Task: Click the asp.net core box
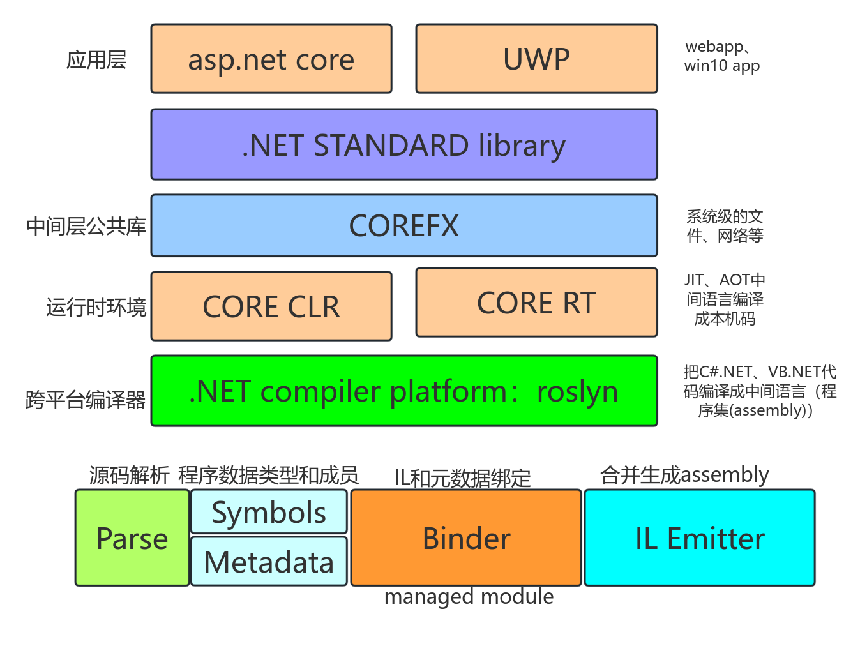click(x=271, y=59)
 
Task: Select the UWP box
click(x=536, y=59)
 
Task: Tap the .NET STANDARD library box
click(x=403, y=145)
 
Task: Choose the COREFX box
click(x=403, y=225)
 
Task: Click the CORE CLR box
click(x=271, y=306)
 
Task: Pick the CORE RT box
click(x=536, y=303)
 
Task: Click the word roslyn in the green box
click(x=577, y=391)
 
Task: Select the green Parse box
click(x=132, y=538)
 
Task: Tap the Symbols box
click(x=269, y=512)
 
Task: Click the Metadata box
click(x=269, y=562)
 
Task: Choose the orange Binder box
click(x=466, y=538)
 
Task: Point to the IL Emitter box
click(x=700, y=538)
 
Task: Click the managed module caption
click(x=469, y=597)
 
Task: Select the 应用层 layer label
click(x=96, y=60)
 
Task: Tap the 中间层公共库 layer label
click(x=86, y=226)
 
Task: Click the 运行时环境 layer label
click(x=96, y=307)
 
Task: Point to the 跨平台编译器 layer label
click(x=86, y=400)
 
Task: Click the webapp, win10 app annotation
click(x=721, y=56)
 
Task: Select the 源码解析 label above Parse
click(x=129, y=476)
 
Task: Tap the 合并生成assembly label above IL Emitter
click(x=684, y=475)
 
